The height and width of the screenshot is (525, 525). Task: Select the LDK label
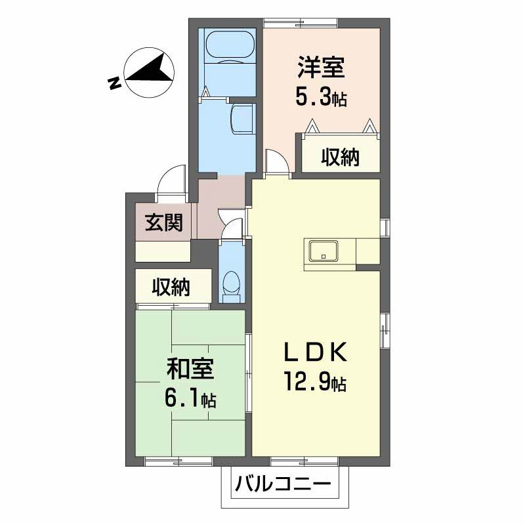[x=316, y=352]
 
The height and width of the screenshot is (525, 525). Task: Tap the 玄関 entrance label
[x=163, y=222]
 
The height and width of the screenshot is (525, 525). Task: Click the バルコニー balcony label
[x=283, y=484]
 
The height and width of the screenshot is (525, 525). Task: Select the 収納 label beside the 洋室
[x=340, y=157]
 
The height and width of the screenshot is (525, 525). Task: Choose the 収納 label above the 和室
[x=171, y=287]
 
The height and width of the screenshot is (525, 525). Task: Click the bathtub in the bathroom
[x=230, y=46]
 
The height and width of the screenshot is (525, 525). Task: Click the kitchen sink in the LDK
[x=324, y=251]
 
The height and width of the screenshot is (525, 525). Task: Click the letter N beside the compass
[x=114, y=83]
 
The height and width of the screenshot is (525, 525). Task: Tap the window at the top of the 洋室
[x=301, y=23]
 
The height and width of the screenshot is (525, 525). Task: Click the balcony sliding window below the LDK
[x=304, y=461]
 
